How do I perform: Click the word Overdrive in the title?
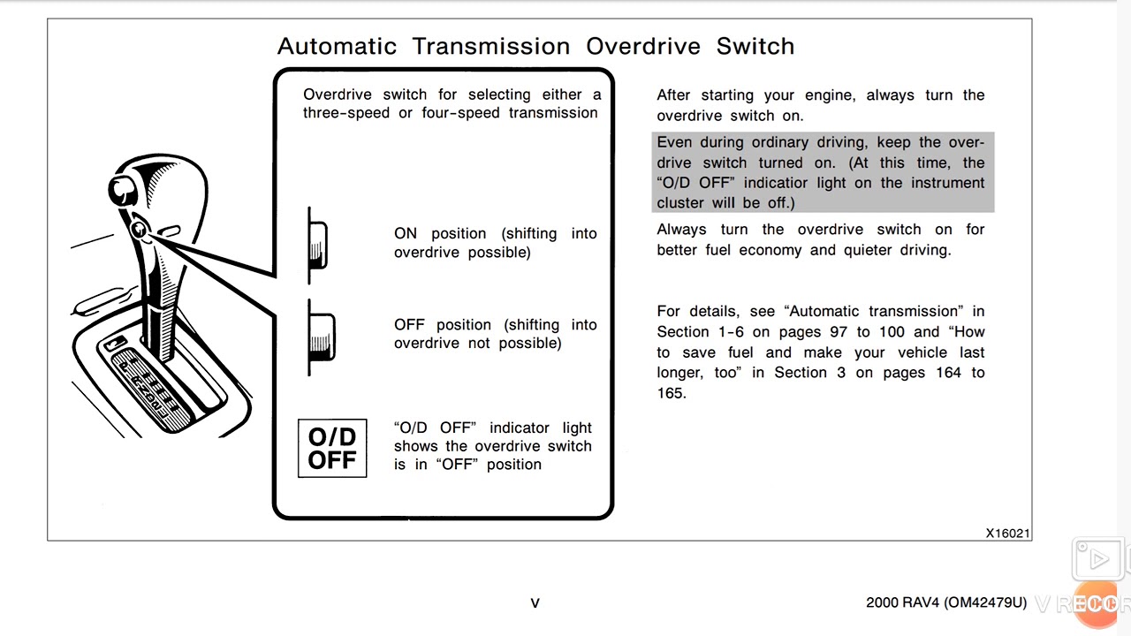(x=643, y=47)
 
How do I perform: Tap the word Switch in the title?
(x=755, y=47)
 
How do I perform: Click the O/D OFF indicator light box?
(x=332, y=448)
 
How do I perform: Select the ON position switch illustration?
(x=317, y=246)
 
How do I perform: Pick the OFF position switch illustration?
(x=321, y=337)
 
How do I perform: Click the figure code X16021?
(x=1008, y=533)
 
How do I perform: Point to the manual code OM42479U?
(x=985, y=602)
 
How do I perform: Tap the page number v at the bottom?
(x=535, y=603)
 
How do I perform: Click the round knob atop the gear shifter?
(x=122, y=190)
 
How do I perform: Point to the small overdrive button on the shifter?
(x=139, y=230)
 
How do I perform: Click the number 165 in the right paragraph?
(x=671, y=393)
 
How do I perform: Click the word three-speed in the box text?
(x=346, y=113)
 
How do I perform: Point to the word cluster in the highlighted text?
(x=680, y=203)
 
